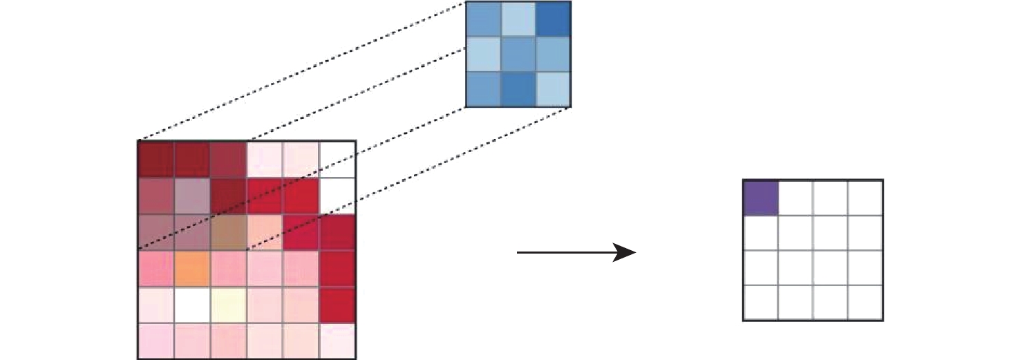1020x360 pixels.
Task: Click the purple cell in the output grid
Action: [761, 198]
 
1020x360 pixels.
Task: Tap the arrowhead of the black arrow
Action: [626, 253]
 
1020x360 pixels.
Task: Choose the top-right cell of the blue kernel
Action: [553, 19]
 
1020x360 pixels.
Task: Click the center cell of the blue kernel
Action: [518, 54]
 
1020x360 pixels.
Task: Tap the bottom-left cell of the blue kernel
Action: [483, 89]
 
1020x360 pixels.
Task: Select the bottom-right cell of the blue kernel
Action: [553, 89]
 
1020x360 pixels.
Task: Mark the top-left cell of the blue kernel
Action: [483, 19]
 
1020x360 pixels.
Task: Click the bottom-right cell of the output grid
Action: [865, 303]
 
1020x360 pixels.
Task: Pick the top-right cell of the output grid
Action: [865, 198]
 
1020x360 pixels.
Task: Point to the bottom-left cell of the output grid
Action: [761, 303]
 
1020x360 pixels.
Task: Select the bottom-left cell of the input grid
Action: [156, 341]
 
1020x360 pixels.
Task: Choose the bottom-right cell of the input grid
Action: [337, 341]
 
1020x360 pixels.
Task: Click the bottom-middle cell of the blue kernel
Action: [518, 89]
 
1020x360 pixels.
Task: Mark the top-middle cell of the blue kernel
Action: [518, 19]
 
